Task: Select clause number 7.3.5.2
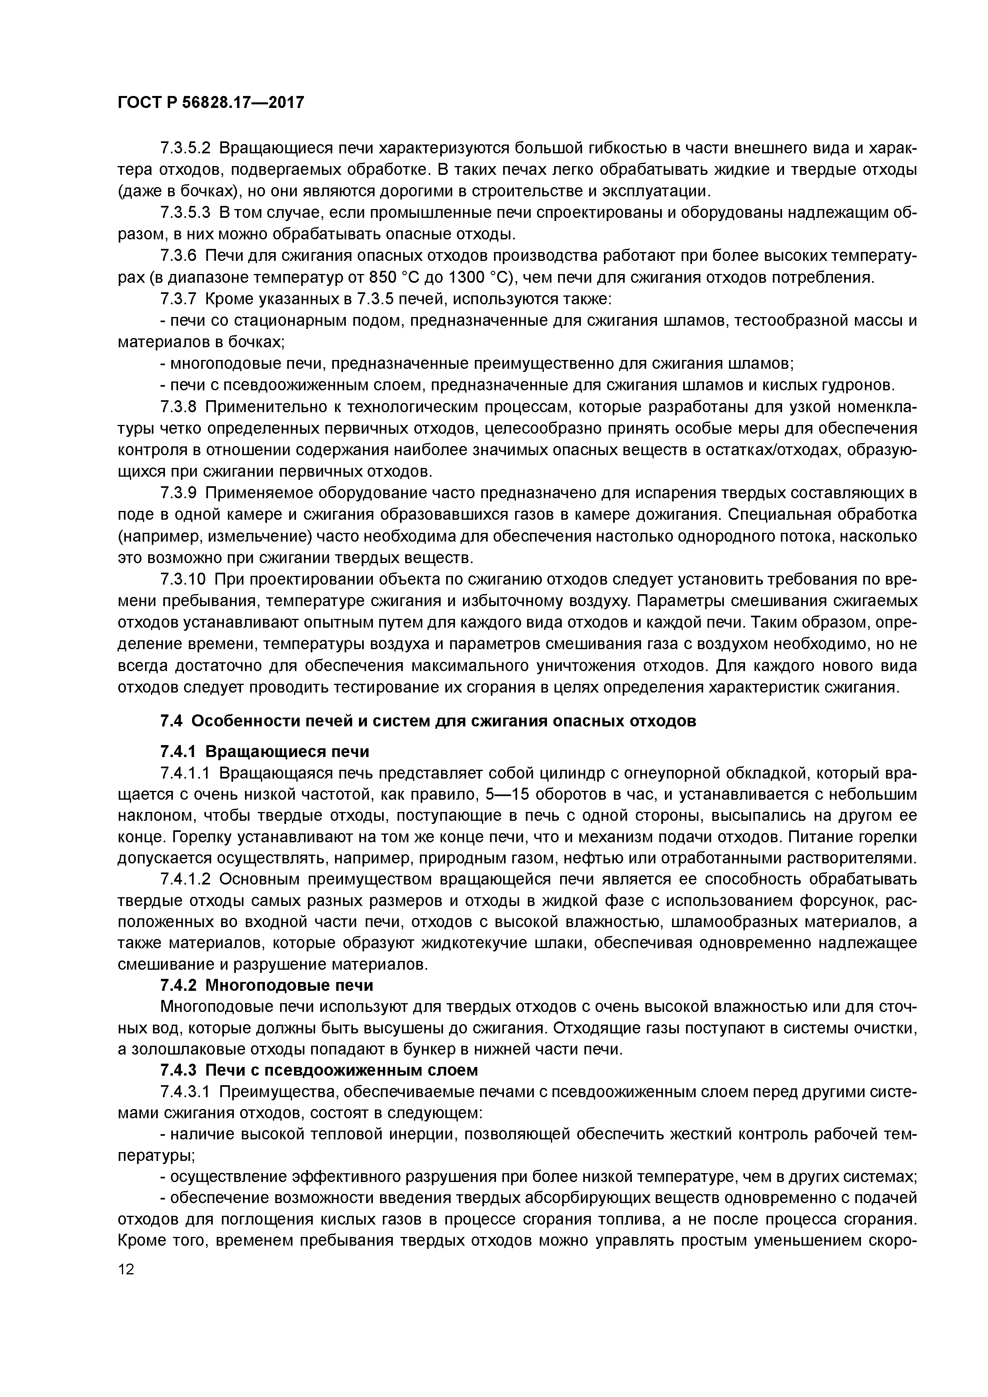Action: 185,149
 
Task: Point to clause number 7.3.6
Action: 178,256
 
